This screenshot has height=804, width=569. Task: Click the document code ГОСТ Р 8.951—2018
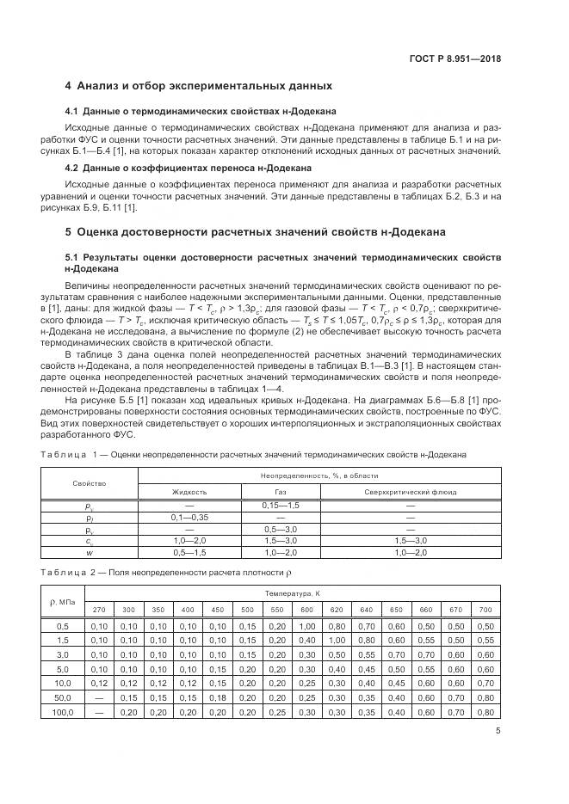[455, 59]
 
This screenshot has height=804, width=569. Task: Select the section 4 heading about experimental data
[199, 87]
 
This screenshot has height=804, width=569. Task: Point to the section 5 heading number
[69, 232]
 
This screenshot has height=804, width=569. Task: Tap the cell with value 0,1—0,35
[189, 518]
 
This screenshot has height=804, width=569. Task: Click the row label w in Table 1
[90, 552]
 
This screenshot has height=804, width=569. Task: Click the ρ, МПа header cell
[62, 601]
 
